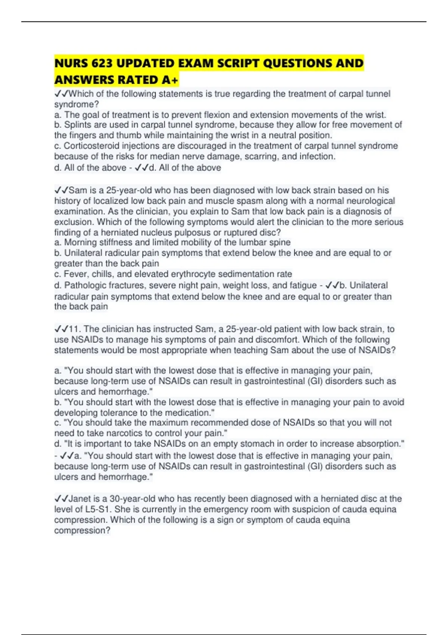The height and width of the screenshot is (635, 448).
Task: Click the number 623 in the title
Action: [101, 63]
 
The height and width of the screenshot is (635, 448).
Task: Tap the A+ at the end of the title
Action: [170, 80]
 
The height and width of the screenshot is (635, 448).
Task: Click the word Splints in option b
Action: [77, 125]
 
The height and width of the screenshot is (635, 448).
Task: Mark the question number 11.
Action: [75, 329]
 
